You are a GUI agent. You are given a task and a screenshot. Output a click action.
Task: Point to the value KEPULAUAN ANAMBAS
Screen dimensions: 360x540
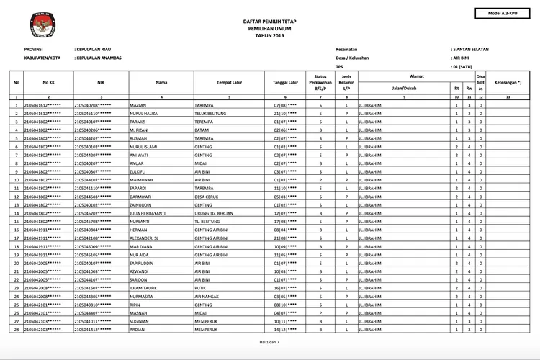98,58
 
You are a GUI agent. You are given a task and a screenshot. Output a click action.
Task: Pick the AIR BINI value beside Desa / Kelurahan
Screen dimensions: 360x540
460,58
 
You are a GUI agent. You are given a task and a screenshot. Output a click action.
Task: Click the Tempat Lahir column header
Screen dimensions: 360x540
228,82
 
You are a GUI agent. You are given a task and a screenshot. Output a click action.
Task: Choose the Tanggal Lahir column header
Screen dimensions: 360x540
285,82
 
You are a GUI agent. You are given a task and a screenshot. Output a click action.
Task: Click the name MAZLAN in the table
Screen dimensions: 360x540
139,105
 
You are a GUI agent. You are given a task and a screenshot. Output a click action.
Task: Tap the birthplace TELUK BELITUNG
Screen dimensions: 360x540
211,114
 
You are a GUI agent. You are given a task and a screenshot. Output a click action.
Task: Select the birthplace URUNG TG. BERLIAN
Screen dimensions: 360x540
215,213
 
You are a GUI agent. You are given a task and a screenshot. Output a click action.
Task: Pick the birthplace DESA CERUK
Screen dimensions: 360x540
207,197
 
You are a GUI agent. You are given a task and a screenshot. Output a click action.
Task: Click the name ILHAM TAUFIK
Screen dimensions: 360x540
145,287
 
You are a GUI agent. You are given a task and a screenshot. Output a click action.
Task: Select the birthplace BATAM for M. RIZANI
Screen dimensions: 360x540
202,130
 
